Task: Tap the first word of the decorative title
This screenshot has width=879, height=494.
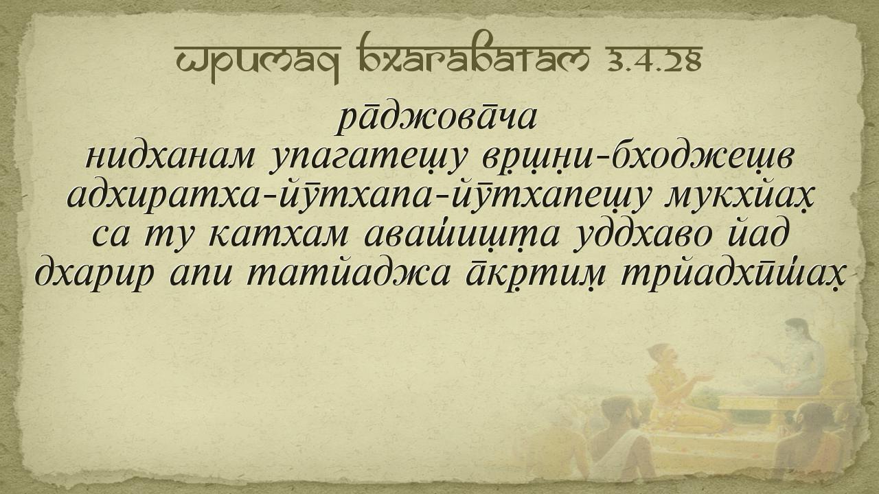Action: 257,62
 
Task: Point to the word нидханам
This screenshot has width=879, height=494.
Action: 170,158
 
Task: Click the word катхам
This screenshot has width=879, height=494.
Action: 279,235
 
